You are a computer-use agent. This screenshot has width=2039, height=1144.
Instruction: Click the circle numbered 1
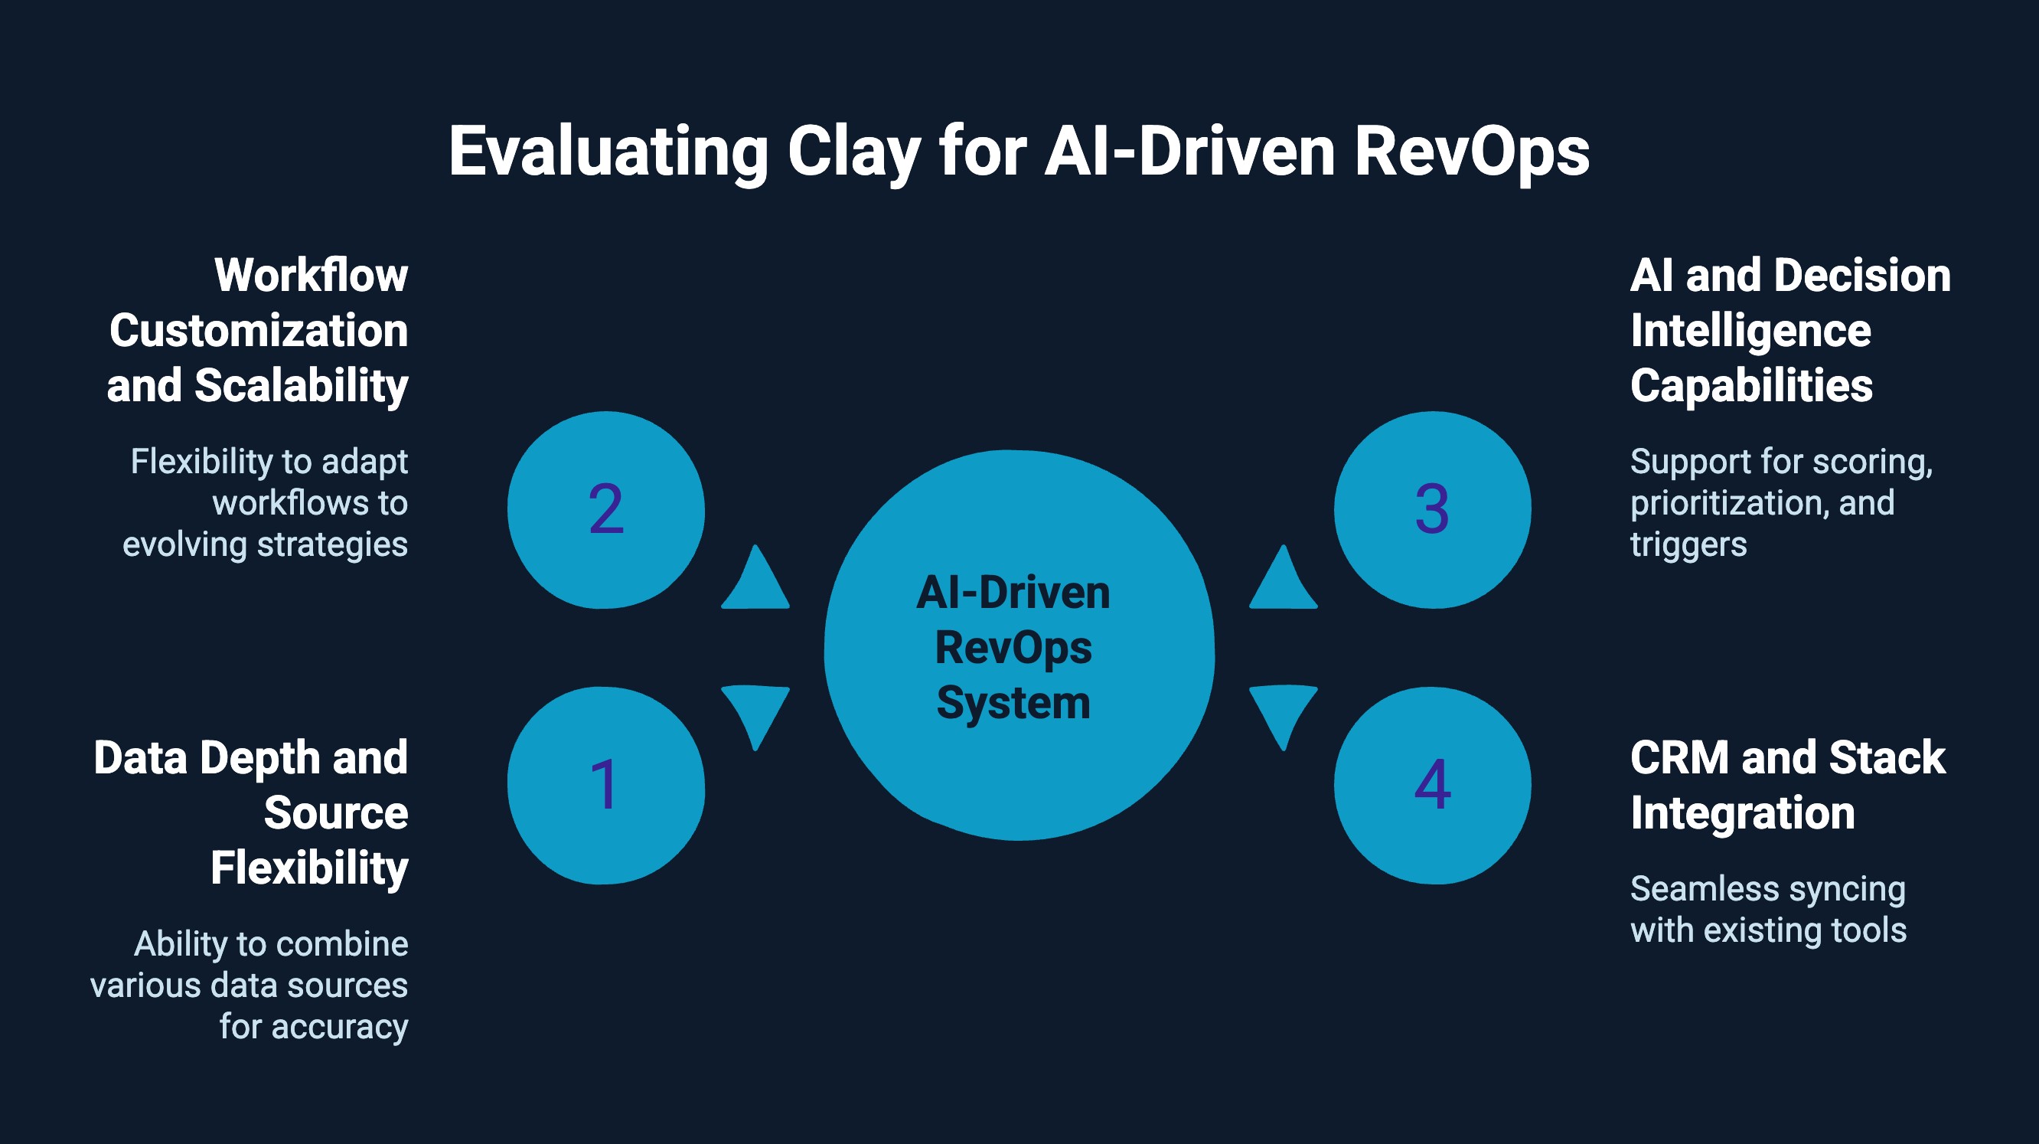coord(605,785)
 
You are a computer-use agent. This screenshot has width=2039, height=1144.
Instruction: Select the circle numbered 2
coord(605,509)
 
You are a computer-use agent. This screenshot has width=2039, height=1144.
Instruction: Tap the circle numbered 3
coord(1432,509)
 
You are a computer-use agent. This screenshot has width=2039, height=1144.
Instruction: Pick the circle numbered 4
coord(1432,785)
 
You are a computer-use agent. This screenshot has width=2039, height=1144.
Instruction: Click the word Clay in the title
coord(854,152)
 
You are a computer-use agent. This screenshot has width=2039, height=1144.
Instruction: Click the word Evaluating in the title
coord(608,152)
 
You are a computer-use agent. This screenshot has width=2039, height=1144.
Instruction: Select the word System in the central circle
coord(1013,703)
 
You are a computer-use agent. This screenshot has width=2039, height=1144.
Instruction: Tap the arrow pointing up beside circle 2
coord(755,580)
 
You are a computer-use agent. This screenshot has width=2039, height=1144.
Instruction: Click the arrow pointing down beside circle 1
coord(755,713)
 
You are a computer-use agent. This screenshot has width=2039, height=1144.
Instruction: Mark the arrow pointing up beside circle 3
coord(1283,580)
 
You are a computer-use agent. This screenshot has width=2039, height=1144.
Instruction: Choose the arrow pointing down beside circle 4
coord(1283,713)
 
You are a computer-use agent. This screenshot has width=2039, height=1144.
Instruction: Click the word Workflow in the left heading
coord(311,276)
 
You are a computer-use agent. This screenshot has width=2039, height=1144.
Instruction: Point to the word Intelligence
coord(1750,331)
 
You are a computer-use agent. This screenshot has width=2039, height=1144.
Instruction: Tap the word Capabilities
coord(1751,386)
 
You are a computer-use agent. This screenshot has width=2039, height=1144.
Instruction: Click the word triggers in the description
coord(1688,544)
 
